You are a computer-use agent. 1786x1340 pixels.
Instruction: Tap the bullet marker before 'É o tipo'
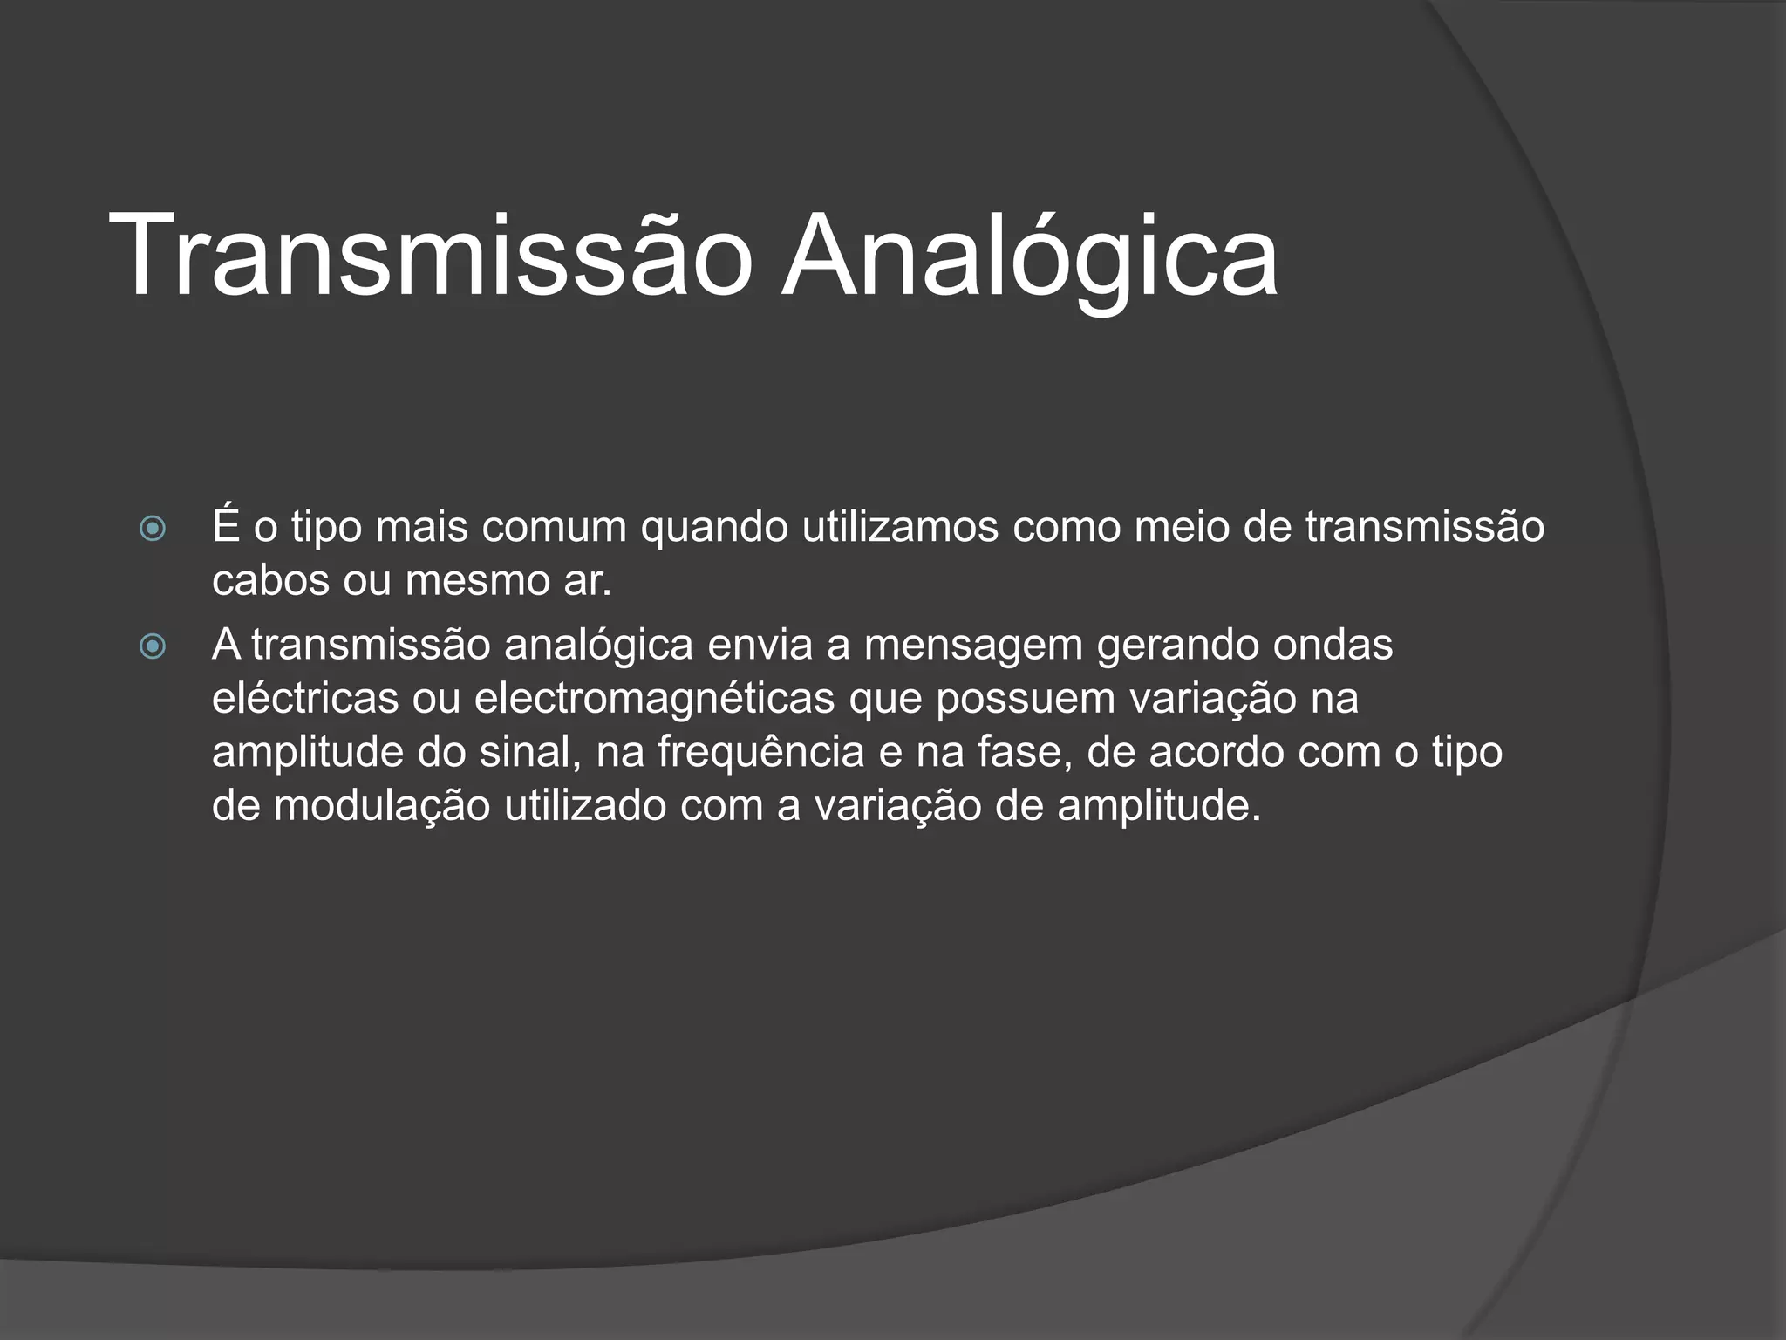[153, 529]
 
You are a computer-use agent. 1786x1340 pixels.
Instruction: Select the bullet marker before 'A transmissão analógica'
[153, 646]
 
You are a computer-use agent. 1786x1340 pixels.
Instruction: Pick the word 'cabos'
[270, 581]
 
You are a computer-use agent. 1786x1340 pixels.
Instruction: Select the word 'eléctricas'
[305, 699]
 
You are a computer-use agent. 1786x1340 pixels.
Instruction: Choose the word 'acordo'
[1216, 753]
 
